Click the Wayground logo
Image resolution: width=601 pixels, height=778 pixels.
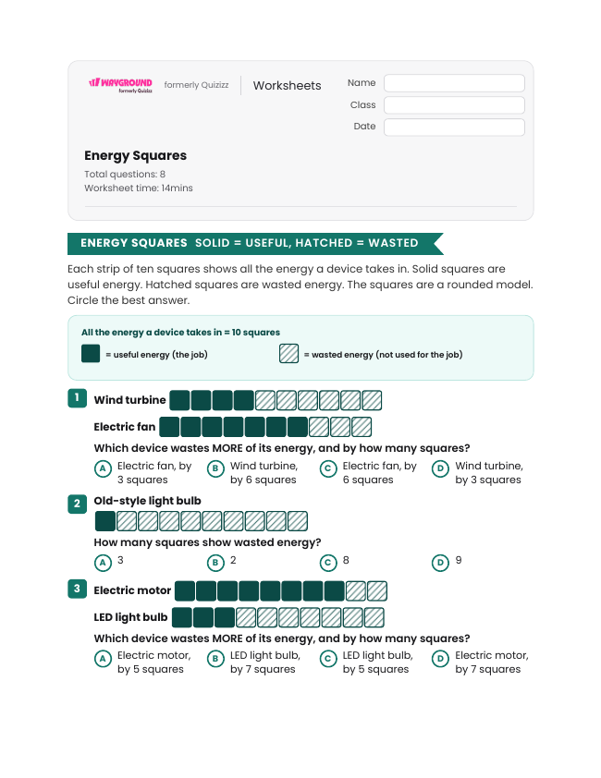pos(120,85)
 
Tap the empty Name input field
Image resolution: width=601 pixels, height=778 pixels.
pos(454,83)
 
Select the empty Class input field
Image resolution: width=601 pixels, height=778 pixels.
pos(454,104)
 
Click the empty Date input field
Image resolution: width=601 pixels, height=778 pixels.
pos(454,127)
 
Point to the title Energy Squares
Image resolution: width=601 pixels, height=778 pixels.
pos(135,155)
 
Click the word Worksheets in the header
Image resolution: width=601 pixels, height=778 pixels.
pos(287,85)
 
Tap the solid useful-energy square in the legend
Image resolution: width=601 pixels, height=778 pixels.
pos(91,354)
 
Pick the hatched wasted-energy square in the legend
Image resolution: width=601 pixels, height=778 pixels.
pos(288,354)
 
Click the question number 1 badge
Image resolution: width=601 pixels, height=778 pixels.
pos(77,398)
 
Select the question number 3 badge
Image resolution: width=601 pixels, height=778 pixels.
pos(77,589)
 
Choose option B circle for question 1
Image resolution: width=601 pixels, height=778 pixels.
pos(215,468)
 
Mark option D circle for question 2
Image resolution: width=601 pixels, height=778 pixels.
pos(440,563)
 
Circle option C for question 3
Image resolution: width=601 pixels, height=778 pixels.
pos(328,659)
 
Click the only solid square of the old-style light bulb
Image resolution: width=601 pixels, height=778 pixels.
pos(104,521)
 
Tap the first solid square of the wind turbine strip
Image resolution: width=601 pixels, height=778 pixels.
pos(179,400)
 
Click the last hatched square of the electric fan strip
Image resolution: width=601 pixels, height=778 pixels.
pos(362,427)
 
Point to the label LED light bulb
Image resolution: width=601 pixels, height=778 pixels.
pos(130,617)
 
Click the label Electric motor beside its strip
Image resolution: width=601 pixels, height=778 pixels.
pos(132,590)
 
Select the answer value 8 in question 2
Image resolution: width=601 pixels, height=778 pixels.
pos(346,560)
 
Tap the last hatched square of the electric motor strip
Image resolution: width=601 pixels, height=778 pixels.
pos(376,591)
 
